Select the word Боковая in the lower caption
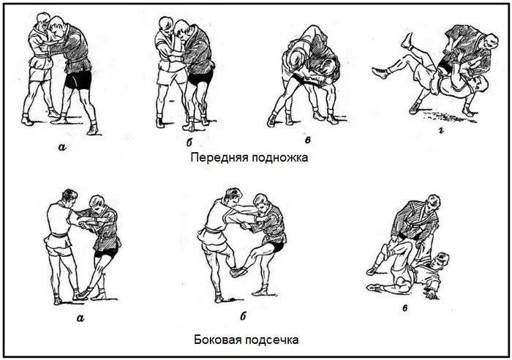pos(218,340)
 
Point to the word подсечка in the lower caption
pos(274,340)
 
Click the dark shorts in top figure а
pos(77,78)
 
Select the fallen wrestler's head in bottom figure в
pos(441,261)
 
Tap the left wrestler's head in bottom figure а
pos(69,198)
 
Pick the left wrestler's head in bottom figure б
pos(233,196)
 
